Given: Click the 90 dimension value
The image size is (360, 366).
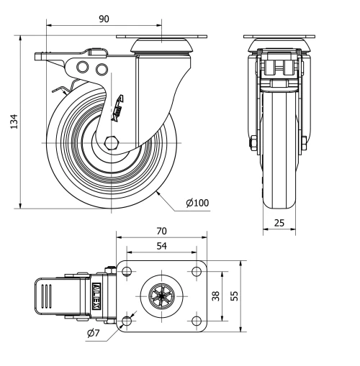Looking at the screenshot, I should pos(104,19).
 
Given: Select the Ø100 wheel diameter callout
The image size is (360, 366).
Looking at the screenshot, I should pos(197,203).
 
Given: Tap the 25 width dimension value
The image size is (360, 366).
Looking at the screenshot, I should pos(278,224).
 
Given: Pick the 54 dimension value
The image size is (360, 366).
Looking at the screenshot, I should pos(161,246).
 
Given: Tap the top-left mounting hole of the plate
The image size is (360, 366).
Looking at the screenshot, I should pos(127,272).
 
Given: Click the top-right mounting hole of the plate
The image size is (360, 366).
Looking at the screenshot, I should pos(195,272).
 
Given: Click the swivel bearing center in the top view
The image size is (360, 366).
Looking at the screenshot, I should pos(161,296).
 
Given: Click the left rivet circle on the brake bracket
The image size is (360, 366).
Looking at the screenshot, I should pos(85,68).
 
